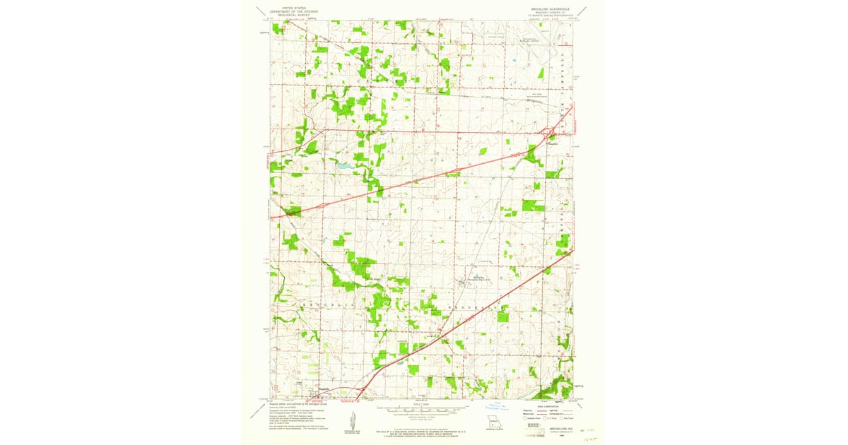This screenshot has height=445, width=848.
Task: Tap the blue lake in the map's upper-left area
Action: click(343, 167)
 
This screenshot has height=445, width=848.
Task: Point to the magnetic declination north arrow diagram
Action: click(348, 424)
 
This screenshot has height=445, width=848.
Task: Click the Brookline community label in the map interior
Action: click(467, 277)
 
